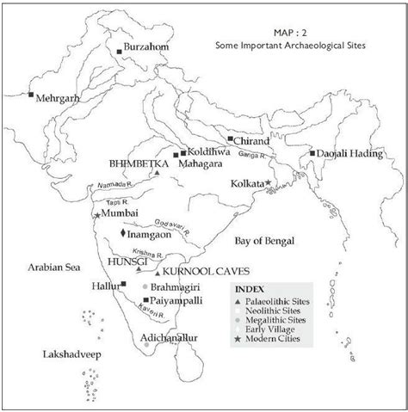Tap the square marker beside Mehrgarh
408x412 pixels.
tap(31, 93)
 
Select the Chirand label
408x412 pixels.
tap(251, 139)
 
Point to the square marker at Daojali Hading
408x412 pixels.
tap(313, 152)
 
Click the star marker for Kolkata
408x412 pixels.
tap(269, 183)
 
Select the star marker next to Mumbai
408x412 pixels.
tap(96, 212)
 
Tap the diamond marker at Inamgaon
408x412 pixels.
tap(124, 233)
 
